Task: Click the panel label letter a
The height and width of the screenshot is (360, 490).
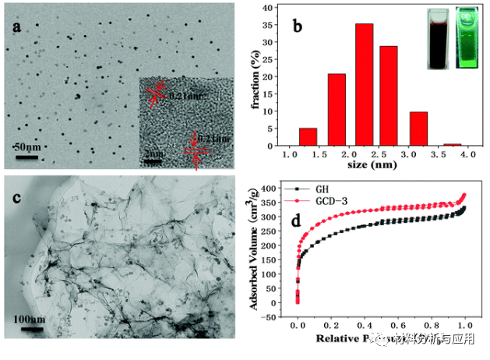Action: pos(16,29)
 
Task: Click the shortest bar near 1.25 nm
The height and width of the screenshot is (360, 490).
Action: pos(308,136)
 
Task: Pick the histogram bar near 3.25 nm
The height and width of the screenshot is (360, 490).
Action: pos(419,129)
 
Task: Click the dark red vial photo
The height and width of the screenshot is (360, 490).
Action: pos(438,39)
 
